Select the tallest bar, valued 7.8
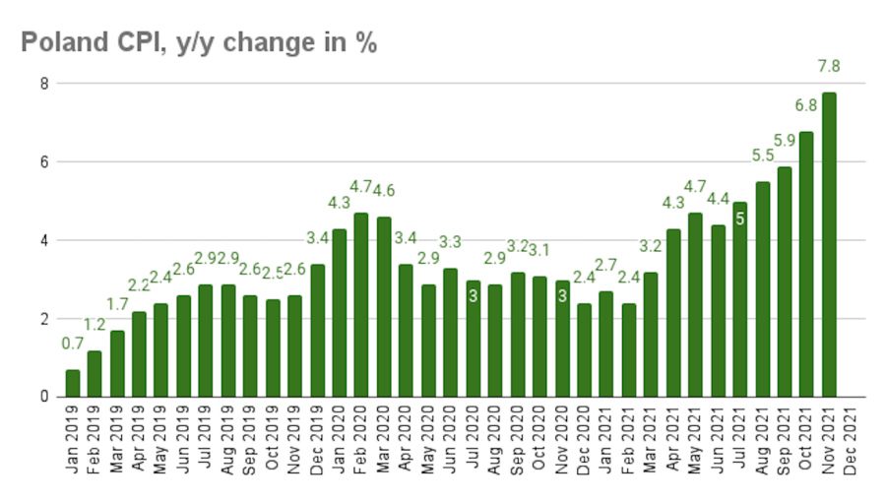pyautogui.click(x=829, y=245)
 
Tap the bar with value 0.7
pyautogui.click(x=73, y=384)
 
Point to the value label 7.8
pyautogui.click(x=829, y=66)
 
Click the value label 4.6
pyautogui.click(x=384, y=190)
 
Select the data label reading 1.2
pyautogui.click(x=95, y=324)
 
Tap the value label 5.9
pyautogui.click(x=785, y=141)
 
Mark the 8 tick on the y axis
pyautogui.click(x=44, y=84)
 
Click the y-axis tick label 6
pyautogui.click(x=44, y=162)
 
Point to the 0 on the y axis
pyautogui.click(x=44, y=398)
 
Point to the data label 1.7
pyautogui.click(x=117, y=304)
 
